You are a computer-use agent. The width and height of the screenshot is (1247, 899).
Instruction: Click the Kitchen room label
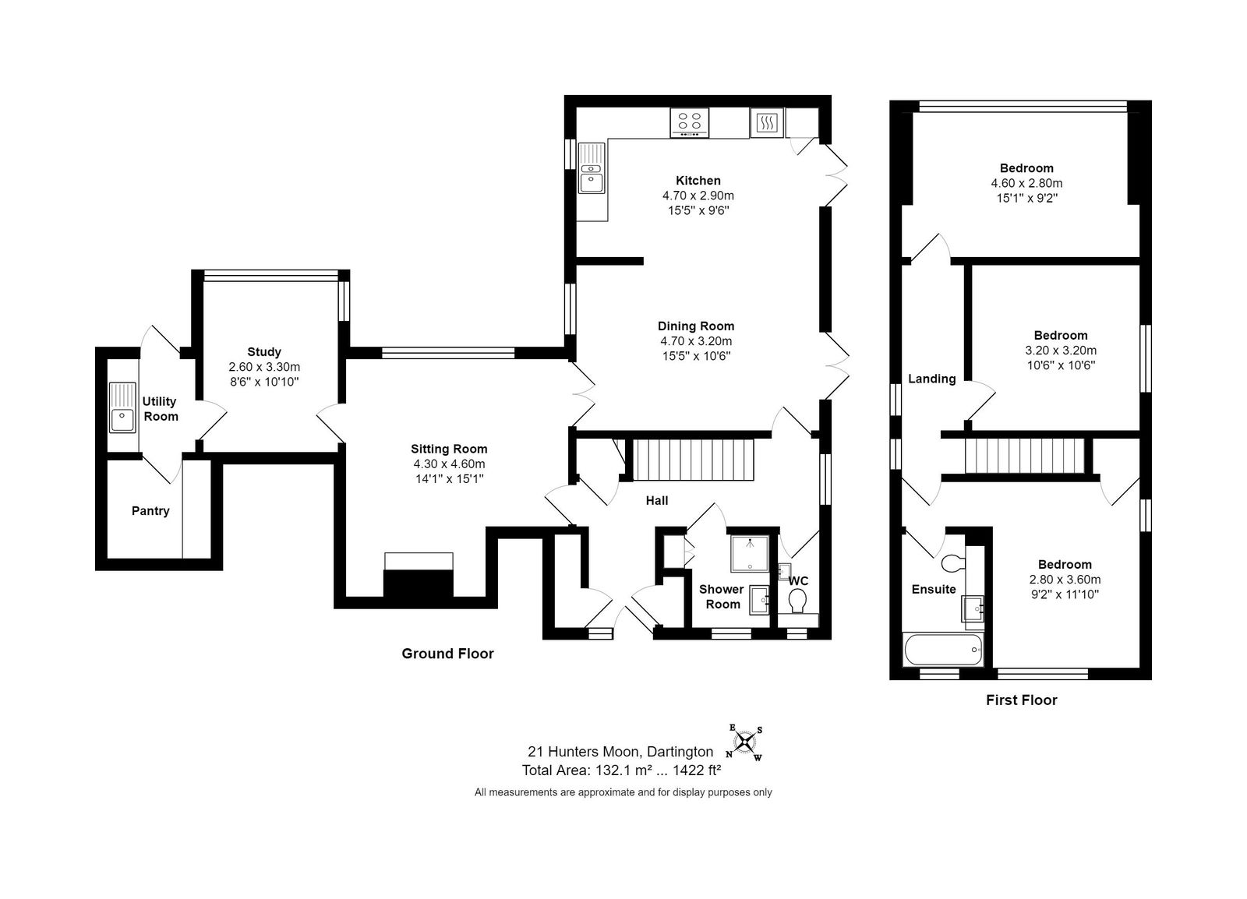pos(698,180)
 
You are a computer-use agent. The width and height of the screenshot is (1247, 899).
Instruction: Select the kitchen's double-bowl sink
pos(592,168)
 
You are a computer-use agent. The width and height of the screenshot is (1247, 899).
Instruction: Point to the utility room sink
pos(122,407)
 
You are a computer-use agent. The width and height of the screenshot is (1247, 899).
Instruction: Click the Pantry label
pos(150,511)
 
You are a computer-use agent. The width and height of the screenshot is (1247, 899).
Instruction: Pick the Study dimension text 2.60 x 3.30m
pos(264,367)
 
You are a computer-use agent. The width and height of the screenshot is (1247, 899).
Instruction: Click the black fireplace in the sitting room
pos(418,583)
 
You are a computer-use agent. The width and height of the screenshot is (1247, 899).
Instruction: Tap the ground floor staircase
pos(693,460)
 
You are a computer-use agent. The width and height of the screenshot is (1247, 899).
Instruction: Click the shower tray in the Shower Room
pos(750,554)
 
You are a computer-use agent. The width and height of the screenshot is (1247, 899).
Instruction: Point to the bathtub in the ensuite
pos(943,650)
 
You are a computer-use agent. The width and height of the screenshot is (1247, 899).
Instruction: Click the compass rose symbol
pos(744,742)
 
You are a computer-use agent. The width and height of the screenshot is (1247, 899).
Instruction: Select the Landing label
pos(932,379)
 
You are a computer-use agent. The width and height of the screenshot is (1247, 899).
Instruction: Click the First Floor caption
pos(1022,700)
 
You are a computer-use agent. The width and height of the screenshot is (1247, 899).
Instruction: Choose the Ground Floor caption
pos(447,653)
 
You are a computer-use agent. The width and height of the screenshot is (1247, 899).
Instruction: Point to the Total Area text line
pos(621,770)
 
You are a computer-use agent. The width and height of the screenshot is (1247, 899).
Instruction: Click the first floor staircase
pos(1025,457)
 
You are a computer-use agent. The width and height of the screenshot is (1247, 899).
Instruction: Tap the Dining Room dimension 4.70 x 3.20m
pos(696,341)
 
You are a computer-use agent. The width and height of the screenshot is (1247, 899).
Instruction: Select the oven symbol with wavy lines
pos(767,123)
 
